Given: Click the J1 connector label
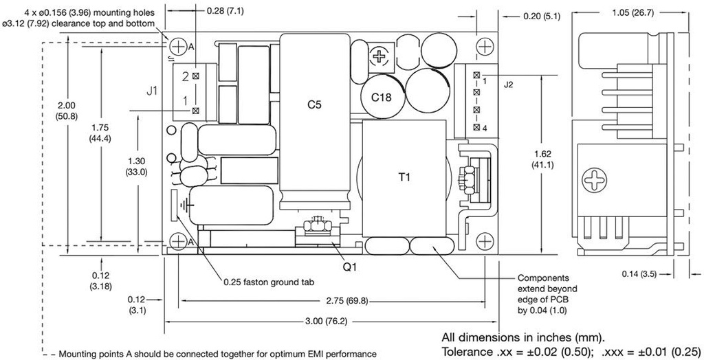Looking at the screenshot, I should coord(153,89).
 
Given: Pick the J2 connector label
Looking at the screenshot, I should coord(509,85).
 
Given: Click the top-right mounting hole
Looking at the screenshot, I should coord(485,46).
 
